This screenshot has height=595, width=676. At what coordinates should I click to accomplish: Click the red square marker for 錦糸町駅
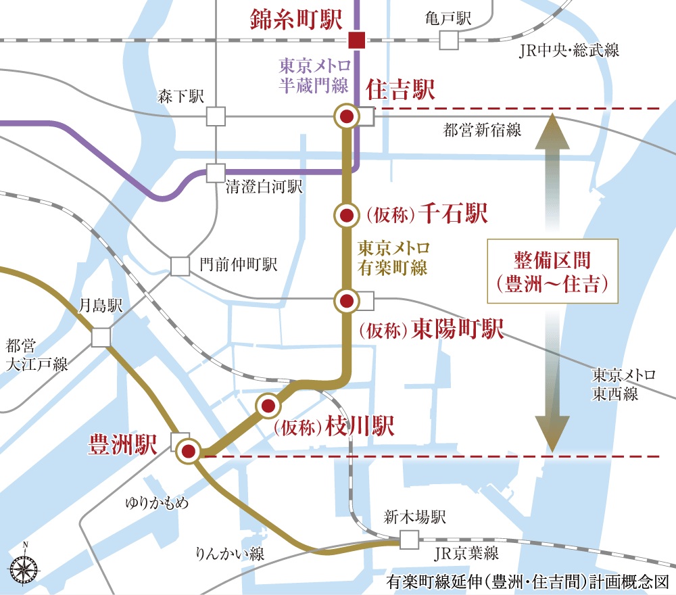356,41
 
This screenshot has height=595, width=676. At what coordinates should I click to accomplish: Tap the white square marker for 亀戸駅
449,41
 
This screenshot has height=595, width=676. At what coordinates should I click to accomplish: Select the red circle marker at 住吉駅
346,117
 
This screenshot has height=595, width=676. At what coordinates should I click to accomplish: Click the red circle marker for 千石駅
346,216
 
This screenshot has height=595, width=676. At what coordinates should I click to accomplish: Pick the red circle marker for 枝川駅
268,406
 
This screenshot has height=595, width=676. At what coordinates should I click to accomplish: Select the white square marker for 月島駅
101,337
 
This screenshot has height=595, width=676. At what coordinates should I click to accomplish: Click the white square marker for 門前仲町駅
180,266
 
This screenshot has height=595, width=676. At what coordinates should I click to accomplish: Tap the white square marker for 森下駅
216,116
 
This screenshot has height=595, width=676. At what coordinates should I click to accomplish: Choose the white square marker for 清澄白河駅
216,173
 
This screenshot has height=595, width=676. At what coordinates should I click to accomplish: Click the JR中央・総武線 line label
569,51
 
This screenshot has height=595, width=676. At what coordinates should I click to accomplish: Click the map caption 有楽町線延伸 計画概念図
527,581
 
